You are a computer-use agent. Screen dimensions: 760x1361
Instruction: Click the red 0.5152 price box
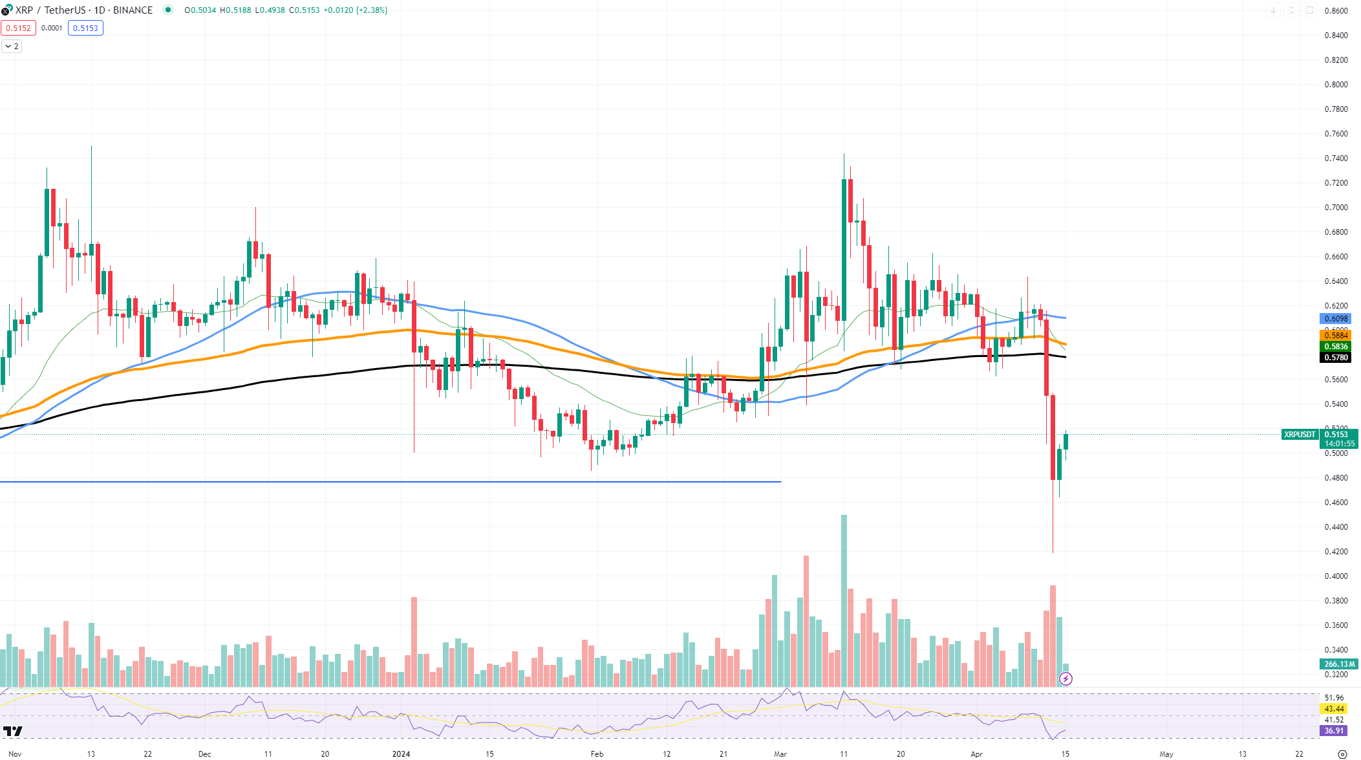(x=18, y=28)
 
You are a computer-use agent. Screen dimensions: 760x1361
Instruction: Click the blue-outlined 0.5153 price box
(x=85, y=28)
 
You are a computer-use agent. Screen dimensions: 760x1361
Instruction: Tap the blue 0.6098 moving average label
(x=1335, y=318)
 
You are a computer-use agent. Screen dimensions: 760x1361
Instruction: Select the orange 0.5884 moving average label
(x=1335, y=335)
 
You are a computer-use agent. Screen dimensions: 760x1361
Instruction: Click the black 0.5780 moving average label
(x=1335, y=357)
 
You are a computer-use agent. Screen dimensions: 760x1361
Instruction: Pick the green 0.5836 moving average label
(x=1335, y=347)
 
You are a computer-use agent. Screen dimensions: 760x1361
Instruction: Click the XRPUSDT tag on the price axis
(x=1300, y=435)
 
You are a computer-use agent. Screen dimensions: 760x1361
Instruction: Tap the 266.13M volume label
(x=1338, y=664)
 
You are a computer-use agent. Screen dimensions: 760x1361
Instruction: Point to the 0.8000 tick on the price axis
(x=1336, y=85)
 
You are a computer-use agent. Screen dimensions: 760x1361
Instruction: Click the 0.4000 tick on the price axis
(x=1336, y=576)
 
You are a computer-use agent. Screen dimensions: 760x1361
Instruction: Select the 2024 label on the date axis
(x=401, y=754)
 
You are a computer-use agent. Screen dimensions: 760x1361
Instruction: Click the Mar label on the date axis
(x=780, y=754)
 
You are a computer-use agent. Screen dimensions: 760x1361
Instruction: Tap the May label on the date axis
(x=1166, y=754)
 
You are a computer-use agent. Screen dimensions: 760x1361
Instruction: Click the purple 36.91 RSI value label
(x=1334, y=731)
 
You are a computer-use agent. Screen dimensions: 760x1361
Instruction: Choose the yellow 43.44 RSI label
(x=1334, y=709)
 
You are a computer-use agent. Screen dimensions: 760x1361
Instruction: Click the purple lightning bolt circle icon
(x=1066, y=679)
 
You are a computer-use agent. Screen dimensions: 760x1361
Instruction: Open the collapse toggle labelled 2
(x=12, y=47)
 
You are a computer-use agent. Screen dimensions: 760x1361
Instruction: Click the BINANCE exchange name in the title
(x=133, y=10)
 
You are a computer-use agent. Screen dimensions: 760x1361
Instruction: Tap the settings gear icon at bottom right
(x=1342, y=754)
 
